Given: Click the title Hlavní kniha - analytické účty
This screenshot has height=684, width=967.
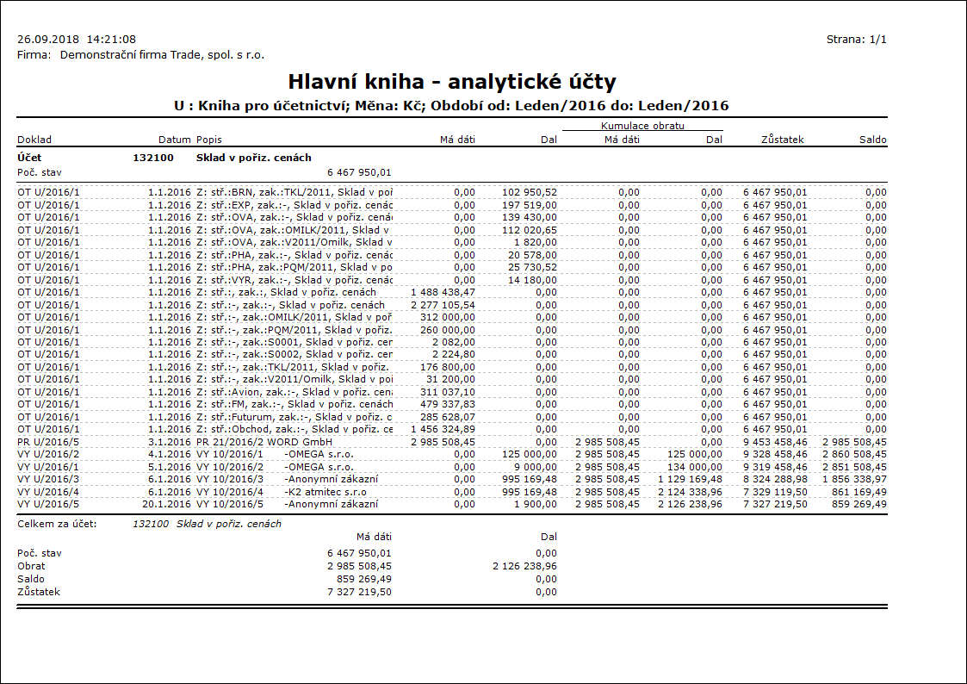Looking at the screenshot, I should [x=452, y=82].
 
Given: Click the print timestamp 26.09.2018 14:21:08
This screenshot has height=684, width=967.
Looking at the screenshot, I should [x=77, y=40].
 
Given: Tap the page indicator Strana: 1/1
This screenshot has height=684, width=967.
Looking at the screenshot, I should [x=856, y=40].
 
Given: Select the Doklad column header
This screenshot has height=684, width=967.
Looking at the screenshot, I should [x=34, y=140].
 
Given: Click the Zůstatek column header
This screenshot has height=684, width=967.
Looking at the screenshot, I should [x=783, y=140].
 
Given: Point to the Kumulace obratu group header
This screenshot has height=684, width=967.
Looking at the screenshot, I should [x=642, y=127].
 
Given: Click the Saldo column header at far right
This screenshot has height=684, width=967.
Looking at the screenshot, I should [x=872, y=140].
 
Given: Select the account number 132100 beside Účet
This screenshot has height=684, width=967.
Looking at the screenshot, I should [x=153, y=159].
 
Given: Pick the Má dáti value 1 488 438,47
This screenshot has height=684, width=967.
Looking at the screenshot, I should [x=443, y=292].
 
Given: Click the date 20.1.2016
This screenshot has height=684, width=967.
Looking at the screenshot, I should [x=167, y=504].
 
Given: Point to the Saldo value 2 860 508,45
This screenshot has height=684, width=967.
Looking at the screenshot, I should [x=854, y=454].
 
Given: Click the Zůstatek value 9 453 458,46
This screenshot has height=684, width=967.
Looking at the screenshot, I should [x=775, y=442].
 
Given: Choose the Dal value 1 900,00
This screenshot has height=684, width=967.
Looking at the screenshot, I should [x=538, y=504].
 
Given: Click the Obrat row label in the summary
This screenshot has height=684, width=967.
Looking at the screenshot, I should [x=31, y=566].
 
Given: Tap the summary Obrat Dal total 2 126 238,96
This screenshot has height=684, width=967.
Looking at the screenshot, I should [x=524, y=566].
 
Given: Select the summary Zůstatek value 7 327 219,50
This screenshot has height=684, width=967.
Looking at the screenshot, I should [x=359, y=592].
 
